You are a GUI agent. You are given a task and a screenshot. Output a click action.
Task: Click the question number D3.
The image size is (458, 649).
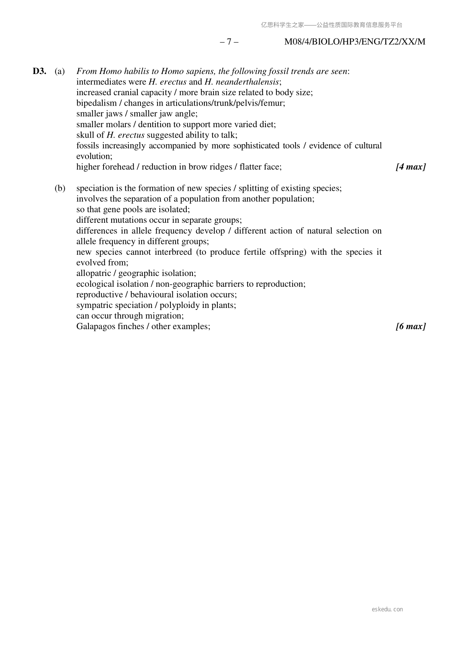coord(39,71)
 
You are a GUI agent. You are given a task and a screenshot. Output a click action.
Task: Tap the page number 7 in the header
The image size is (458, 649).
coord(229,42)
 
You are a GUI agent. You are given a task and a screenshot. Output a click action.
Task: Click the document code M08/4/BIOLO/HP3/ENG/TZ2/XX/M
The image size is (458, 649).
coord(354,42)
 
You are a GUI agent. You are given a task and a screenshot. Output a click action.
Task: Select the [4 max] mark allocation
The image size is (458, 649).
coord(411,167)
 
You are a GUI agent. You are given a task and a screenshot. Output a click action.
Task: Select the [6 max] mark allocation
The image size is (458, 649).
coord(411,326)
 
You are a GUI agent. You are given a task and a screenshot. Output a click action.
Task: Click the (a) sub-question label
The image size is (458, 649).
coord(60,71)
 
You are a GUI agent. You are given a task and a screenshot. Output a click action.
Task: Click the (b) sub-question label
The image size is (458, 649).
coord(60,188)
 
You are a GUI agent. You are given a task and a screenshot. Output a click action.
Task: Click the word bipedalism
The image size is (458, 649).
coord(96,103)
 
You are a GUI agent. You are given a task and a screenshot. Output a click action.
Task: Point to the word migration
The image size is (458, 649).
coord(164,316)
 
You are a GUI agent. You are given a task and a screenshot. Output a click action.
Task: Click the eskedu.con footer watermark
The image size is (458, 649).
coord(387,609)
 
